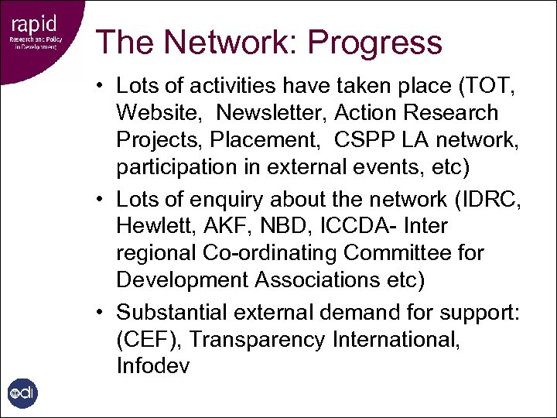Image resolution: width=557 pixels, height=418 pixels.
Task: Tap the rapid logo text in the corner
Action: [x=29, y=21]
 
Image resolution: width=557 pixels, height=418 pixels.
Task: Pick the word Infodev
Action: [x=152, y=365]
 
